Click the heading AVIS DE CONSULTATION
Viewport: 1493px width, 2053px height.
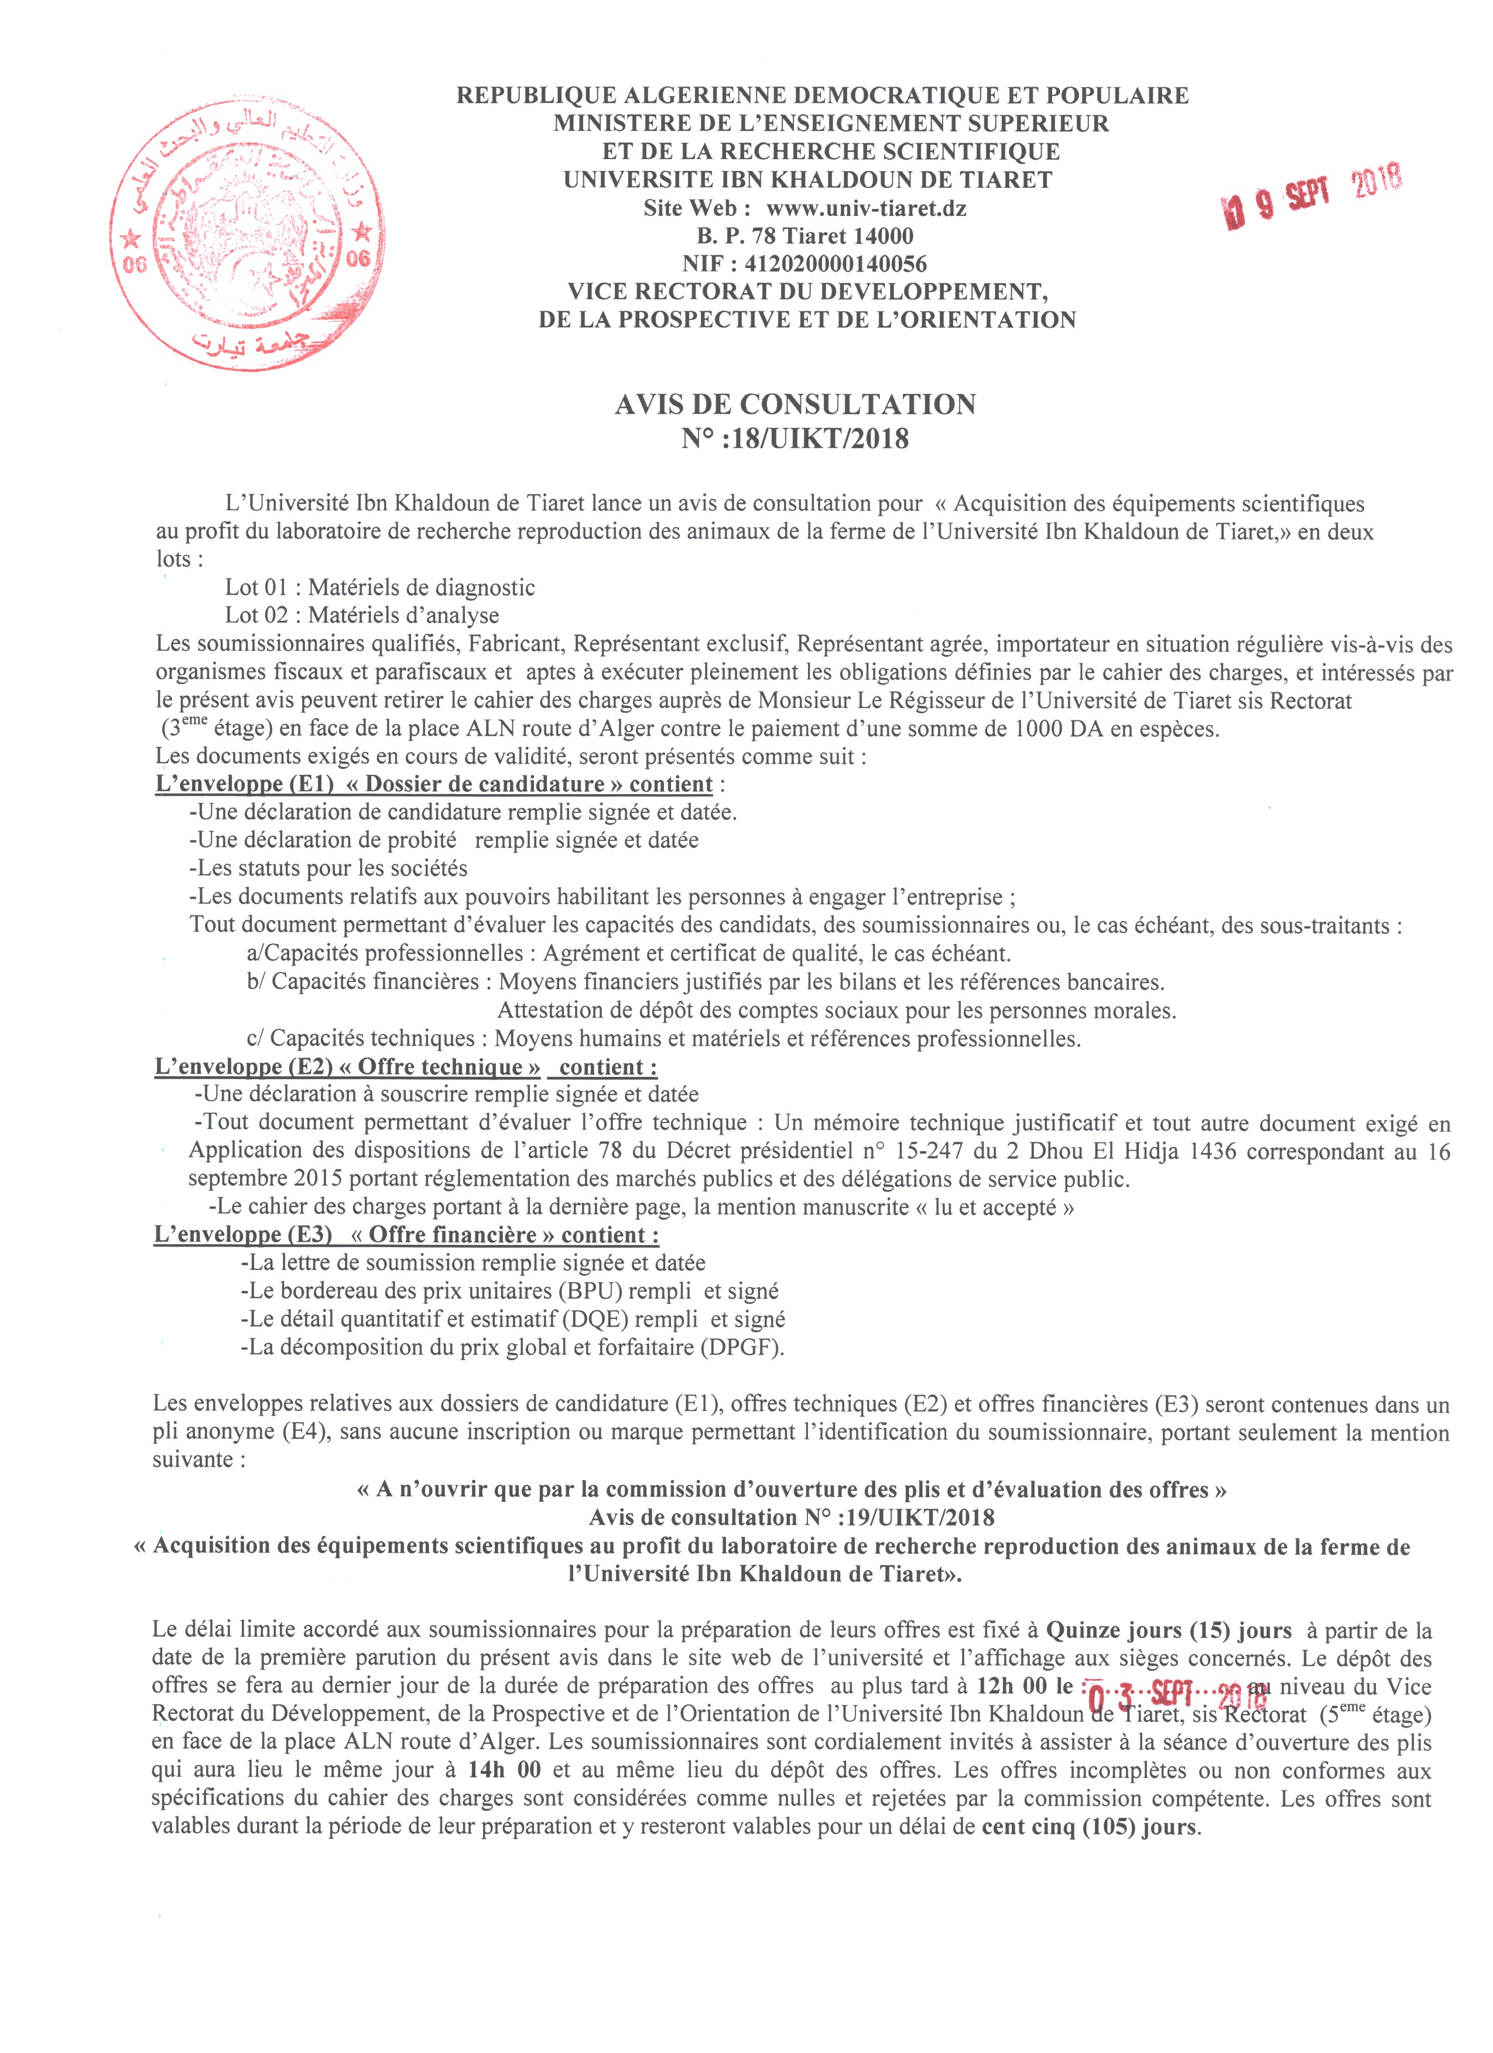coord(795,404)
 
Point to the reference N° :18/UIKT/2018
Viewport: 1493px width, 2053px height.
coord(795,439)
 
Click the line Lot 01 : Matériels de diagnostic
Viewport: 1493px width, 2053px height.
coord(379,588)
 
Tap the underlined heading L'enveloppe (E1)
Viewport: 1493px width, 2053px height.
coord(245,784)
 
